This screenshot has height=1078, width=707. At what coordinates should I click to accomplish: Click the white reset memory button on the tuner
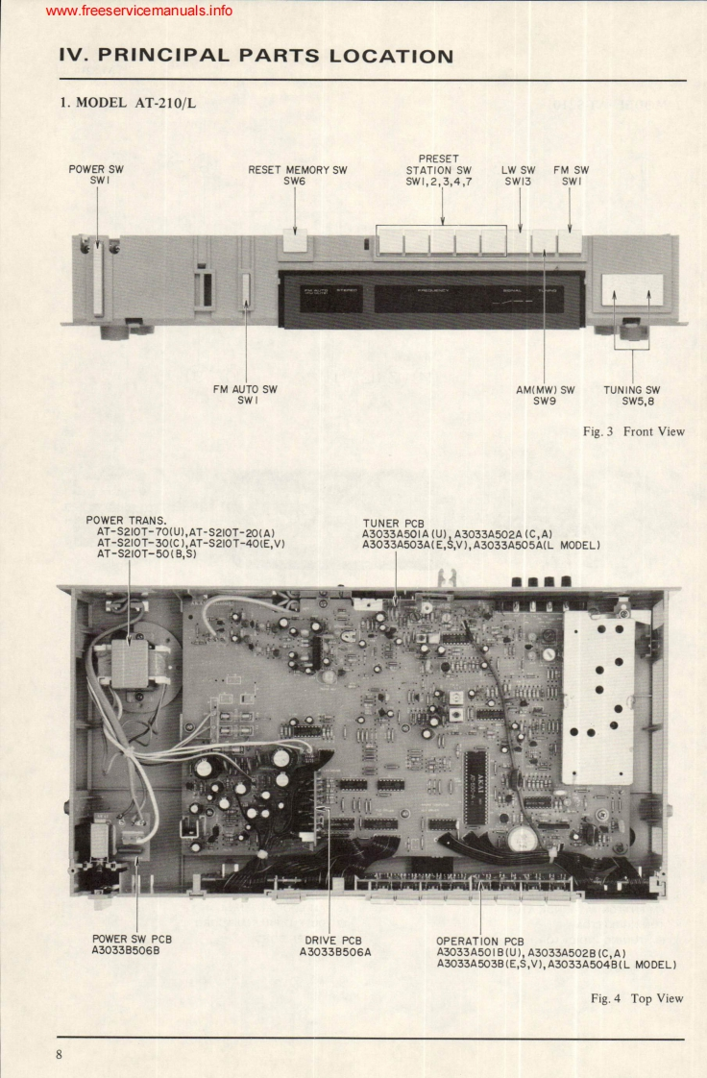pyautogui.click(x=296, y=245)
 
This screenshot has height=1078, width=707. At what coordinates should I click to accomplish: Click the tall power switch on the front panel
pyautogui.click(x=97, y=279)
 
